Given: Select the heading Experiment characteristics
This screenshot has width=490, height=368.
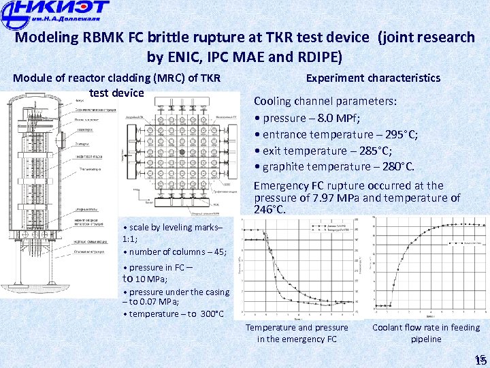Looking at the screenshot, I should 373,78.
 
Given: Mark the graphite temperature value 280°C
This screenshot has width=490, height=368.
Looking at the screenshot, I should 395,167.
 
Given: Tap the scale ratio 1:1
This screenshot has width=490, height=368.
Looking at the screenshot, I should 129,239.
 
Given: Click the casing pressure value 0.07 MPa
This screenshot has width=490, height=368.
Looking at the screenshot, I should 158,302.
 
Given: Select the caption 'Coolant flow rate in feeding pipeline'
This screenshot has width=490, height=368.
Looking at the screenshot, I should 425,333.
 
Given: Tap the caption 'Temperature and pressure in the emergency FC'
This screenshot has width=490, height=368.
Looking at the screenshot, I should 297,333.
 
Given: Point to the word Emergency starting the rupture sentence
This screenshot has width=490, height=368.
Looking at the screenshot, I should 282,185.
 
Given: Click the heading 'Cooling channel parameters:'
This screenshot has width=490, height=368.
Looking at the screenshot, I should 325,101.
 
